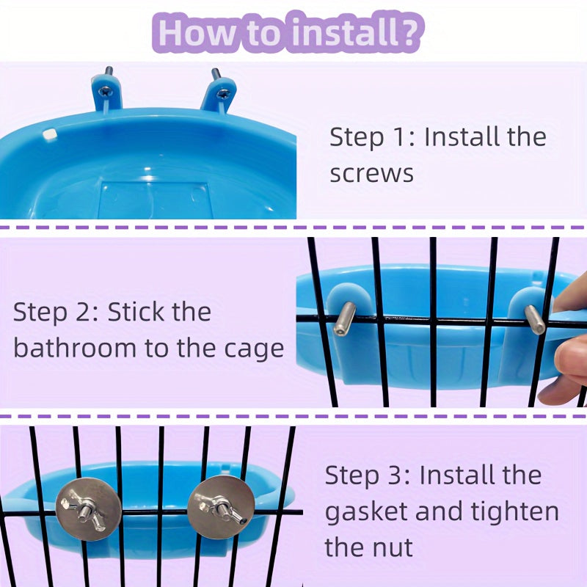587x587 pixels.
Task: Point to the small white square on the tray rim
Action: coord(49,135)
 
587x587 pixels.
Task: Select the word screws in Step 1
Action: coord(371,174)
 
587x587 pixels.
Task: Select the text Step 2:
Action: coord(55,312)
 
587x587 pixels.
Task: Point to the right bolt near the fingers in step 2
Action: coord(535,320)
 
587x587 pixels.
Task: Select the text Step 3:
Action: coord(367,475)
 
